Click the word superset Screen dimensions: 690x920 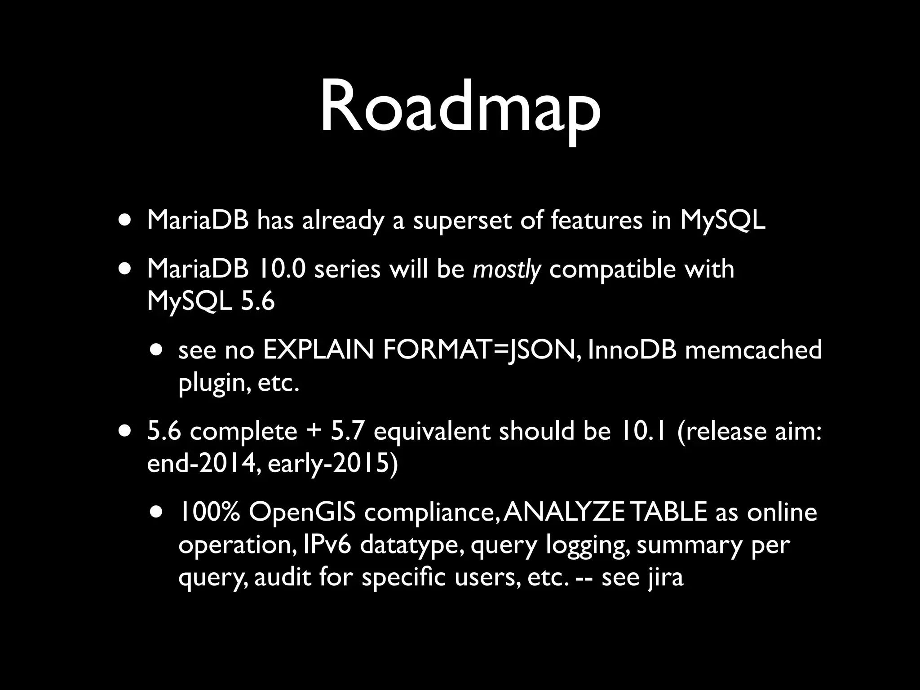pyautogui.click(x=462, y=221)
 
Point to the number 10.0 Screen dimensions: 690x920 pyautogui.click(x=282, y=269)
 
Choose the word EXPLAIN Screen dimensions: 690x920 pyautogui.click(x=318, y=350)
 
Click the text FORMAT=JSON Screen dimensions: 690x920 pyautogui.click(x=479, y=350)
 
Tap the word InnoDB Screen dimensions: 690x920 pyautogui.click(x=632, y=350)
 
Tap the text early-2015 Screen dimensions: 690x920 pyautogui.click(x=332, y=464)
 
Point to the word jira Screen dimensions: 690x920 pyautogui.click(x=665, y=578)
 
